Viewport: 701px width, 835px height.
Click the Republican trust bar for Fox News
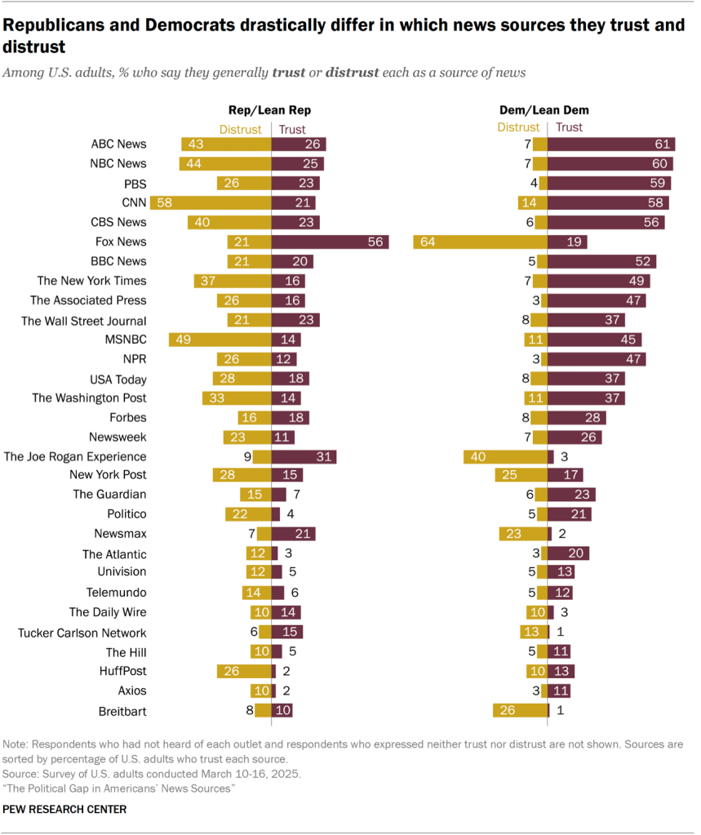(330, 242)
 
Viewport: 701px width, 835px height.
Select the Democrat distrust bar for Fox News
(480, 242)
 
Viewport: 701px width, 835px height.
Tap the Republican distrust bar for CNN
(220, 202)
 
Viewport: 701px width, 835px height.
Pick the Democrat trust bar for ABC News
(611, 144)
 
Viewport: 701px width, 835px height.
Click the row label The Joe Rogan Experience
(75, 457)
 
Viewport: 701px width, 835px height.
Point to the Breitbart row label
(122, 711)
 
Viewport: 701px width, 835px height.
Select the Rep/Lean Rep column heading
(269, 109)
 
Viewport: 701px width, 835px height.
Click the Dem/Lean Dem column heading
(543, 109)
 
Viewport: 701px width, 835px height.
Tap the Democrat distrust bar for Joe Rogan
(505, 457)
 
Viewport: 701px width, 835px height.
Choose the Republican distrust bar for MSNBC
(220, 340)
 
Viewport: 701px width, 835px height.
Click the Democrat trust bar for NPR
(597, 359)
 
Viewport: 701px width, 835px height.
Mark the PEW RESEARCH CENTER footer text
(65, 809)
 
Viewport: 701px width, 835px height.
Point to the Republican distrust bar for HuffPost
(244, 672)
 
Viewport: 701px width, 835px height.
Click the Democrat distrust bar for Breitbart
(520, 711)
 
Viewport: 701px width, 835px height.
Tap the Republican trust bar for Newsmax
(293, 534)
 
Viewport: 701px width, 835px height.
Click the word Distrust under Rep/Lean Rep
(240, 128)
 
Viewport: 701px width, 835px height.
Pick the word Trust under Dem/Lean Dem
(570, 127)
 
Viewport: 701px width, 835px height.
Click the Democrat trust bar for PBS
(609, 183)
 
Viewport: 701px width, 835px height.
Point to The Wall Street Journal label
(84, 321)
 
